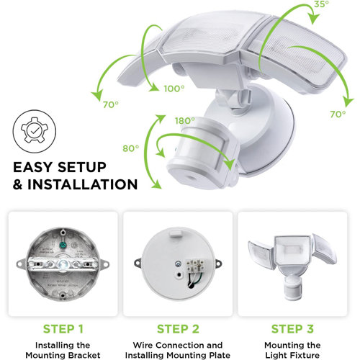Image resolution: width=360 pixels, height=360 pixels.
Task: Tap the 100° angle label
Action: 172,88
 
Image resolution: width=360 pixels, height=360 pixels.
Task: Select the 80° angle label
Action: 130,149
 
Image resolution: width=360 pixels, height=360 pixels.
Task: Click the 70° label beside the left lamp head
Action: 110,105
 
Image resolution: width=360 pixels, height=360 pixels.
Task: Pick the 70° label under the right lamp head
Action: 338,114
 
